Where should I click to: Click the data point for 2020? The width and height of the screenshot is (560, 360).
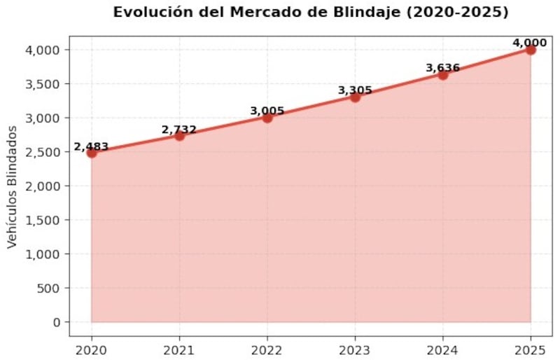tap(92, 153)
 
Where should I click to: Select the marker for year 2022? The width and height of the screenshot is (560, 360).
tap(267, 117)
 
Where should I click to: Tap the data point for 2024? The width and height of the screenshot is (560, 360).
tap(443, 74)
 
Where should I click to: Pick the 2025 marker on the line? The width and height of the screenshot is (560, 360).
tap(531, 50)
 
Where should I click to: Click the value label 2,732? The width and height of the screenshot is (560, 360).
tap(179, 130)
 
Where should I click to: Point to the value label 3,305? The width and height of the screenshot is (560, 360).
tap(355, 90)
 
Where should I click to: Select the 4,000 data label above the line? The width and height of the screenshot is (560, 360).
tap(529, 43)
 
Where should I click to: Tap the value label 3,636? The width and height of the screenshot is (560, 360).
tap(443, 68)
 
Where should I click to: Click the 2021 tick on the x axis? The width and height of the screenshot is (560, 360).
tap(179, 349)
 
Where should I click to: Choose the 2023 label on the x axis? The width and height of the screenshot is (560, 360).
tap(355, 349)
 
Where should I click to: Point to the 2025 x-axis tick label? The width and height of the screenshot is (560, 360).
tap(531, 349)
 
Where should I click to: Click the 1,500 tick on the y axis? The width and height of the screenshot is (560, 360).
tap(45, 220)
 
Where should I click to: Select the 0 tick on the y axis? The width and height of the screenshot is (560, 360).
tap(57, 322)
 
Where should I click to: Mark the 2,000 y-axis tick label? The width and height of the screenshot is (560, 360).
tap(45, 186)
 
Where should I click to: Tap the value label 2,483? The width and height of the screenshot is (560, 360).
tap(92, 146)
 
